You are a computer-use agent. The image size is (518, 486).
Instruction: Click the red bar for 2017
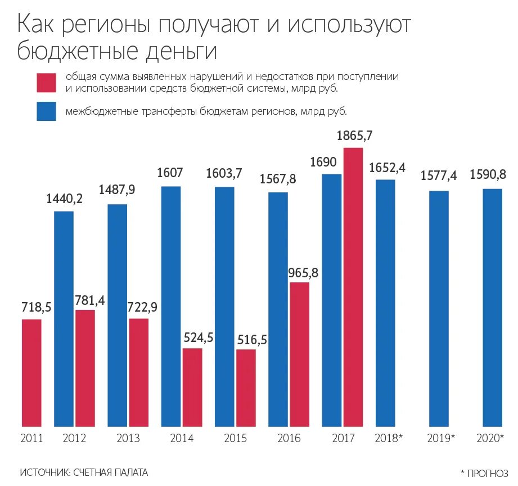(x=353, y=287)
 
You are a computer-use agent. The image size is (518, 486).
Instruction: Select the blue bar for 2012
(x=64, y=318)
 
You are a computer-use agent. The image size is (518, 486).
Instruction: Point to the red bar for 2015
(x=246, y=388)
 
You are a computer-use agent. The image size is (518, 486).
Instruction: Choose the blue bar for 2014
(x=171, y=306)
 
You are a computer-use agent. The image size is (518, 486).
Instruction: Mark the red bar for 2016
(x=299, y=354)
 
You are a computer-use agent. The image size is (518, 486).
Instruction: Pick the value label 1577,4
(x=438, y=176)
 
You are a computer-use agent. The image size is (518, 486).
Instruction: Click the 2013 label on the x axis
(x=128, y=438)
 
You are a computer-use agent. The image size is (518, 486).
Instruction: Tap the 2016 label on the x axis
(x=289, y=438)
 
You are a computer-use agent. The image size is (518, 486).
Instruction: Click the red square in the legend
(x=46, y=82)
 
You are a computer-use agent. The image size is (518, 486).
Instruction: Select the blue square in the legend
(x=46, y=111)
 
